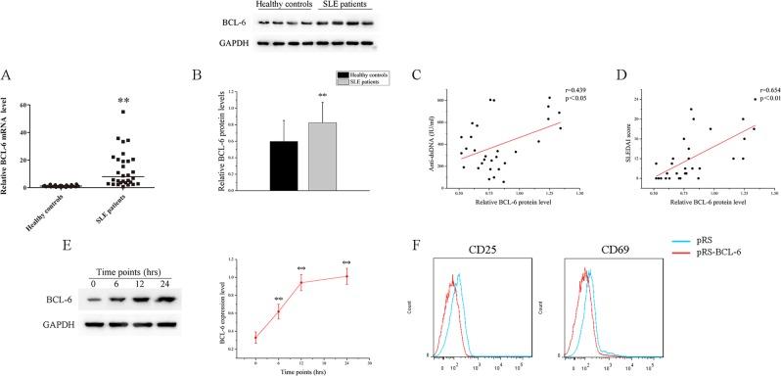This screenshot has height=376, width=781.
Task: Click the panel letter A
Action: click(9, 70)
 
